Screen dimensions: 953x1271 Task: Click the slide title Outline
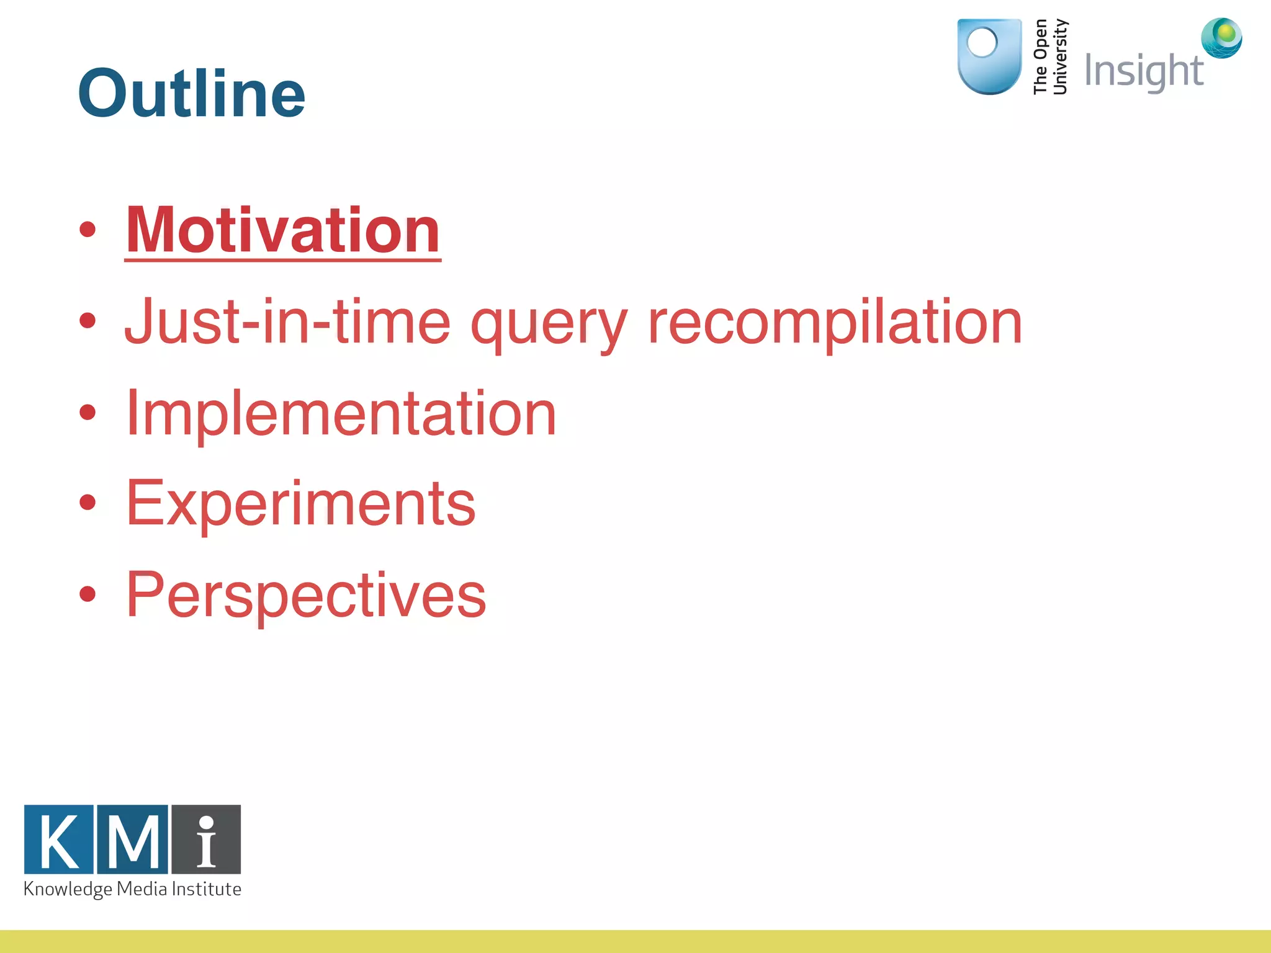[x=191, y=93]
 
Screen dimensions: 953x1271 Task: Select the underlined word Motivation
[x=283, y=230]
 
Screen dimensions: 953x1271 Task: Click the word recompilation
[x=835, y=322]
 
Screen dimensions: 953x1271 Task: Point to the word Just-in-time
[x=287, y=322]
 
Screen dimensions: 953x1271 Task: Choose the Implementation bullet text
[x=341, y=414]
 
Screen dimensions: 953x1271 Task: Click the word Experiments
[x=301, y=504]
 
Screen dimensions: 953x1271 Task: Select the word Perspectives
[x=306, y=595]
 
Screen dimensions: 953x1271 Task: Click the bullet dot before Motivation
[x=88, y=230]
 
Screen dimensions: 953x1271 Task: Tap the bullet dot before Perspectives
[x=88, y=594]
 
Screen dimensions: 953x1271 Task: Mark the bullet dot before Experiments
[x=88, y=503]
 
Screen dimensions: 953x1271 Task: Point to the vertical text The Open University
[x=1050, y=57]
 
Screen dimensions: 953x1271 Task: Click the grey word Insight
[x=1143, y=71]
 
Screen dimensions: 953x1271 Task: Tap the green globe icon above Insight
[x=1221, y=38]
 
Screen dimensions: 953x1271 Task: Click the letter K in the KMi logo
[x=59, y=839]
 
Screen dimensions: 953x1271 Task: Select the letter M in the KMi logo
[x=133, y=839]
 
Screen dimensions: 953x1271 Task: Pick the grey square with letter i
[x=206, y=839]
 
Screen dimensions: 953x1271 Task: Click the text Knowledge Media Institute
[x=132, y=889]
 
